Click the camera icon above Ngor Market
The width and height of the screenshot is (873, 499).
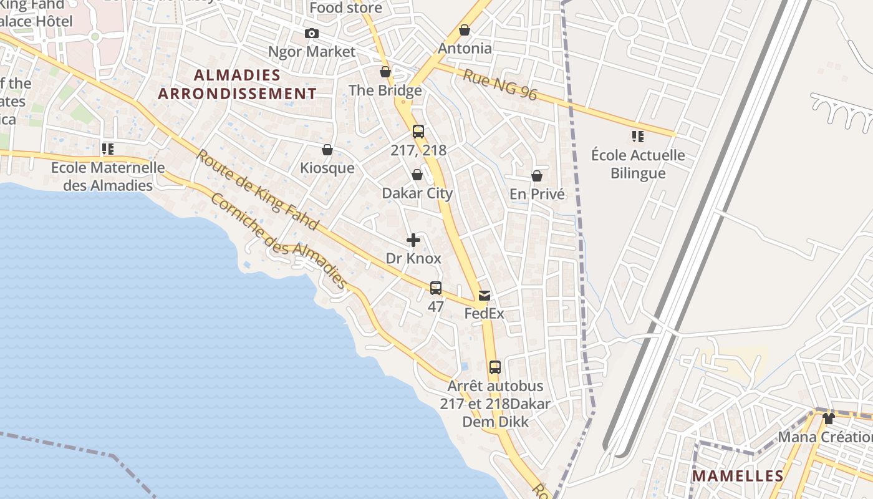pyautogui.click(x=311, y=33)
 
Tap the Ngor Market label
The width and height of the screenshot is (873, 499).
pyautogui.click(x=311, y=52)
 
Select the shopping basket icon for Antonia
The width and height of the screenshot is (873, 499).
pyautogui.click(x=465, y=30)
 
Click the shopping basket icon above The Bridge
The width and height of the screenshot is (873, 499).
pyautogui.click(x=385, y=72)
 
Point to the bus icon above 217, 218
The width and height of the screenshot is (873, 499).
pyautogui.click(x=418, y=132)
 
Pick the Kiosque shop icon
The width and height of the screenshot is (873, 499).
pyautogui.click(x=327, y=150)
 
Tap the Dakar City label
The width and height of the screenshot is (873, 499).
pyautogui.click(x=417, y=193)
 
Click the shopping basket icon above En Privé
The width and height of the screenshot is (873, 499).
pyautogui.click(x=537, y=176)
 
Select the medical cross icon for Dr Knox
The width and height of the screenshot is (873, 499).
pyautogui.click(x=413, y=240)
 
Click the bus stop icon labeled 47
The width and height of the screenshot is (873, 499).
pyautogui.click(x=436, y=288)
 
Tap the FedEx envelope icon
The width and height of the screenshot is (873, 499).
pyautogui.click(x=485, y=295)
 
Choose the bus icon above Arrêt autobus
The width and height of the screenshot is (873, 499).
pyautogui.click(x=495, y=367)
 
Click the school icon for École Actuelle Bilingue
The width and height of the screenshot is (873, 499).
pyautogui.click(x=637, y=136)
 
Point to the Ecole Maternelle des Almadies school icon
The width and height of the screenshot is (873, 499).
pyautogui.click(x=107, y=149)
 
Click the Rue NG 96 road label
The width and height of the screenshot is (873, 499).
pyautogui.click(x=499, y=84)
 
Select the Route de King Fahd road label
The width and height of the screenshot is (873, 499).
pyautogui.click(x=258, y=190)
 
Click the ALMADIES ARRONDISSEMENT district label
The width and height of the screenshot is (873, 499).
pyautogui.click(x=237, y=84)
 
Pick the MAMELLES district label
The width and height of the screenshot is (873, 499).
pyautogui.click(x=738, y=476)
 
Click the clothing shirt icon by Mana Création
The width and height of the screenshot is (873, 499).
pyautogui.click(x=829, y=418)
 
